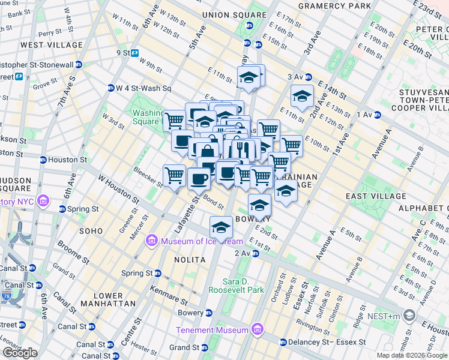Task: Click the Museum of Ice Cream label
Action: click(201, 242)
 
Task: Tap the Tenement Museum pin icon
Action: click(258, 330)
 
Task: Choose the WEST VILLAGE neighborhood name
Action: click(51, 45)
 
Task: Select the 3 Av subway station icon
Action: click(308, 77)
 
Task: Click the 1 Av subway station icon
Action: click(378, 115)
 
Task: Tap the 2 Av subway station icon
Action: click(255, 254)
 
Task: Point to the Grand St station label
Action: click(184, 347)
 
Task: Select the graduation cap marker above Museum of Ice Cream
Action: click(221, 227)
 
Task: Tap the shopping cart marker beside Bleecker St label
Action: click(174, 176)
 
